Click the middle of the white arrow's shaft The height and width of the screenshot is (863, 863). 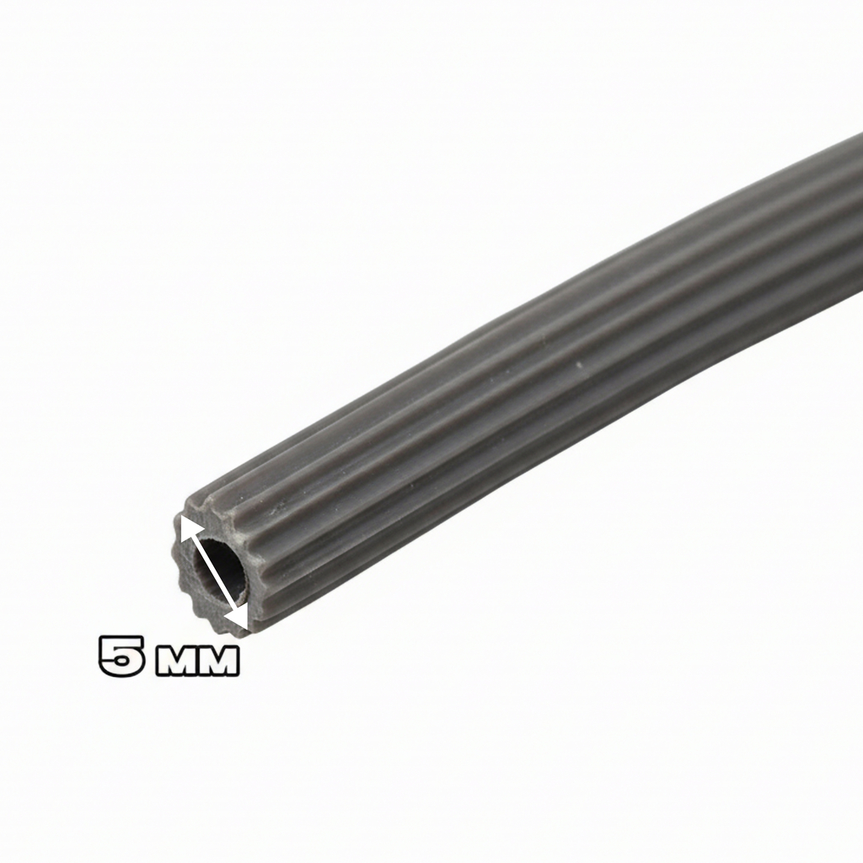click(x=213, y=573)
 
